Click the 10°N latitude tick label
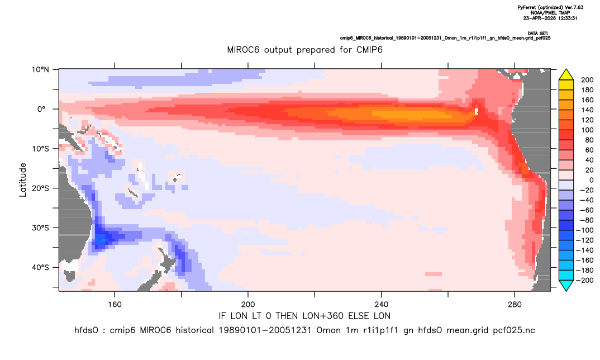(x=40, y=70)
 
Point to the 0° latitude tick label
(x=41, y=109)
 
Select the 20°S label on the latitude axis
(x=40, y=188)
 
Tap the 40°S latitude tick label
(x=40, y=267)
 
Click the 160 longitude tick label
(x=115, y=305)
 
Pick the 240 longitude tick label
(x=382, y=305)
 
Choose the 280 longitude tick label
(x=515, y=305)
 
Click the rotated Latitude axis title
(x=23, y=180)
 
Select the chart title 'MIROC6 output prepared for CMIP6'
(x=304, y=50)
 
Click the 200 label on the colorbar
(x=587, y=80)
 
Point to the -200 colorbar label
(x=585, y=280)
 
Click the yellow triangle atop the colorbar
(x=566, y=75)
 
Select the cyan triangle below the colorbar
(x=566, y=285)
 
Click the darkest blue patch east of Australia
(x=101, y=240)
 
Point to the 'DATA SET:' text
(x=537, y=34)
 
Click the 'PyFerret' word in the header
(x=527, y=8)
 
